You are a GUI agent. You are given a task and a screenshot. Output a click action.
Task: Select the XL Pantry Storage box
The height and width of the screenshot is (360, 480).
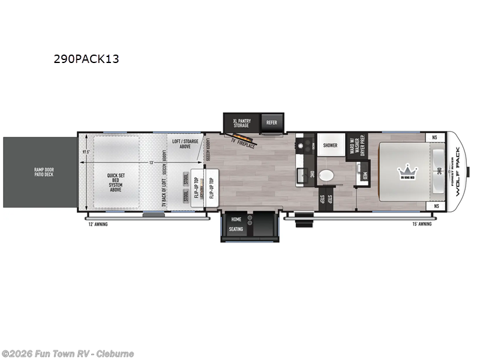242,122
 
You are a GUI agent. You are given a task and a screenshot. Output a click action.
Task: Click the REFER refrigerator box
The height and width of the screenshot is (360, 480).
272,122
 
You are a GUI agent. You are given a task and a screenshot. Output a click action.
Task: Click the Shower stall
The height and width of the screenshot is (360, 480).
330,145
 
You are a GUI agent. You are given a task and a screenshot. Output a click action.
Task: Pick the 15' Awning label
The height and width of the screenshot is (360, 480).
422,224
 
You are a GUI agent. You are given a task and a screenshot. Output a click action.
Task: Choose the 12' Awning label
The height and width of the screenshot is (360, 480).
97,224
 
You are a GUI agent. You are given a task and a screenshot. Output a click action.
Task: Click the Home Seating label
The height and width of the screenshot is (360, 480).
236,224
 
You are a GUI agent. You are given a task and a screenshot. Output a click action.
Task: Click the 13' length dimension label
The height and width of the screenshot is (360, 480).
152,163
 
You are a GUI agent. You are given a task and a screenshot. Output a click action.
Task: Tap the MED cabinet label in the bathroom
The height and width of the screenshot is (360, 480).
365,175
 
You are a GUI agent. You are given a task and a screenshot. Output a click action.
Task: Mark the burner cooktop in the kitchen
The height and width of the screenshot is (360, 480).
308,145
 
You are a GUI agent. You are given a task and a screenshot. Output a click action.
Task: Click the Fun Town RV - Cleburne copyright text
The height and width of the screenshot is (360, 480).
68,353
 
